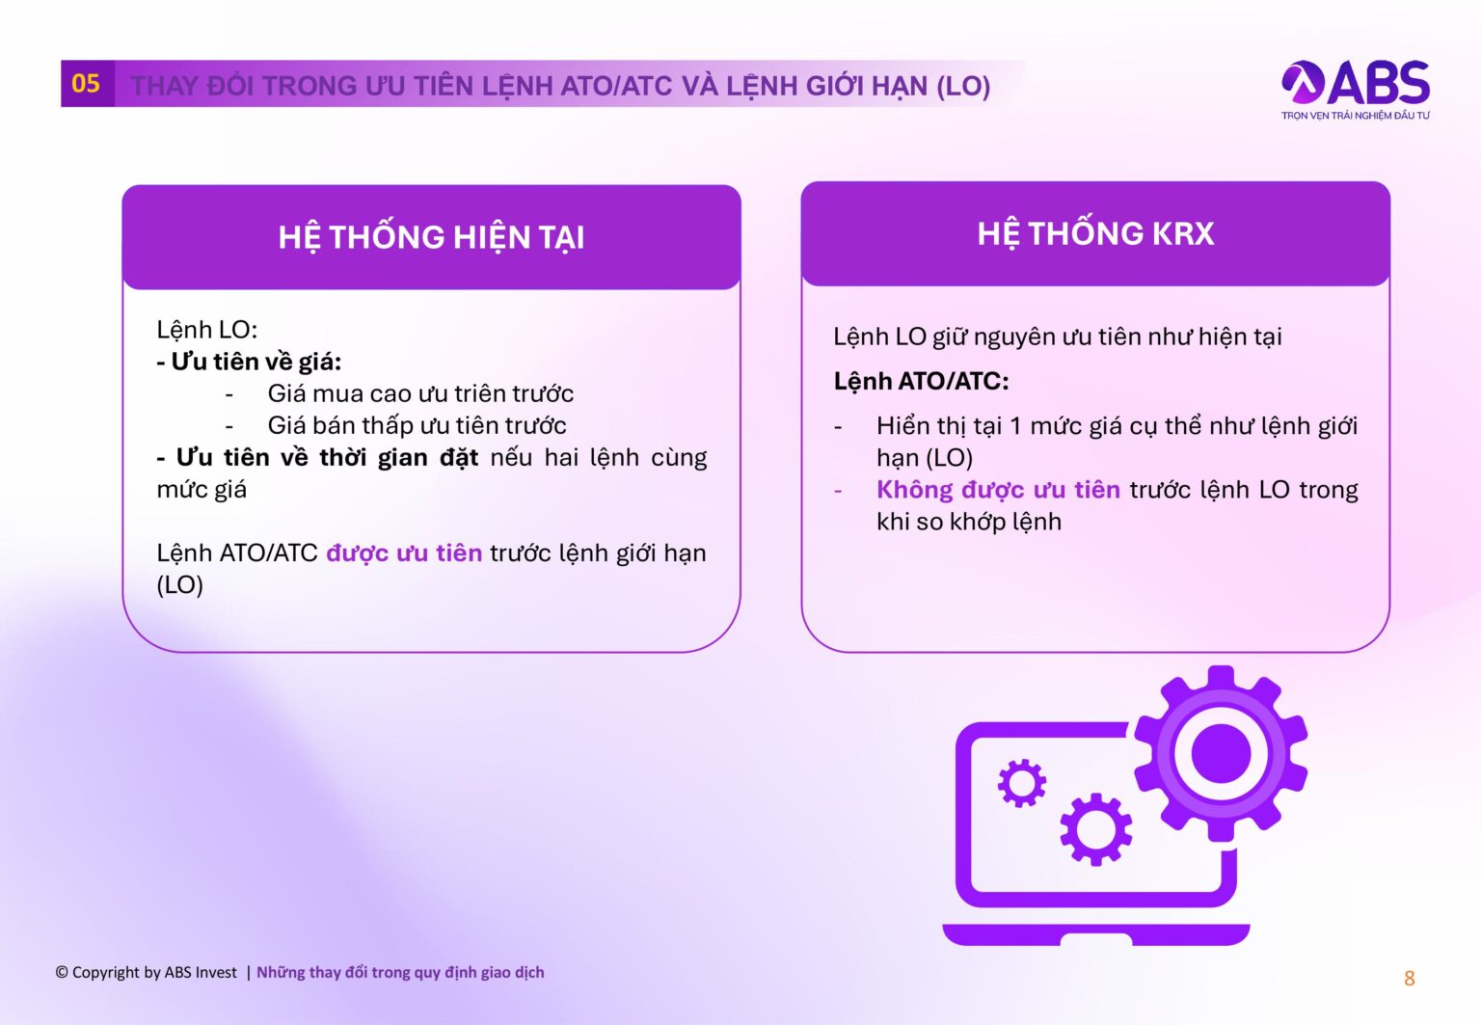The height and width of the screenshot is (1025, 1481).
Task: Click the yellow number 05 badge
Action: pos(86,84)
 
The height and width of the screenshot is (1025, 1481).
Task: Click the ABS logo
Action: pos(1355,84)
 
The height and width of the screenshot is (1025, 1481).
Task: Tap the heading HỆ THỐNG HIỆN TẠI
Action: pos(431,237)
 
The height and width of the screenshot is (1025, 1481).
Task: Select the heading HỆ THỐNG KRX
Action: pos(1095,233)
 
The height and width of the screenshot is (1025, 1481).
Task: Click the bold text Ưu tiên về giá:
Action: pos(250,362)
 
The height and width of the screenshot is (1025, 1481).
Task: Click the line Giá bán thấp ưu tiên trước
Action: pos(417,425)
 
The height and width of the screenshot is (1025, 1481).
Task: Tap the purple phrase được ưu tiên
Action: pos(404,553)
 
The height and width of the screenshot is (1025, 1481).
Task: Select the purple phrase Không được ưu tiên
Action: pos(998,490)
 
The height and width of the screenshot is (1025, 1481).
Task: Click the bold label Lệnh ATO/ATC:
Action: pos(921,381)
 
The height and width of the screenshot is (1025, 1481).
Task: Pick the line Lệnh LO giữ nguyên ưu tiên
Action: pos(1057,337)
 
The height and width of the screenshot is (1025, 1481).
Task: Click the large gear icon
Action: pos(1221,753)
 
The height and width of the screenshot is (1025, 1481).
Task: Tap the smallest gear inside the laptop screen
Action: pos(1021,783)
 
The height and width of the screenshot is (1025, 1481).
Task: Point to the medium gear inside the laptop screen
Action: pos(1096,828)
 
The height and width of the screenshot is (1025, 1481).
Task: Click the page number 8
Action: pos(1409,979)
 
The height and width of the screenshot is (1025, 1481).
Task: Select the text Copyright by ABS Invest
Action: pos(147,972)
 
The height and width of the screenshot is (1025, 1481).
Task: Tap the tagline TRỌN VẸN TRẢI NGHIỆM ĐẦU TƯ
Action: pos(1355,116)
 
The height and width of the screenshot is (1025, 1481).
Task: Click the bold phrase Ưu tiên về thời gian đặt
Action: pos(327,457)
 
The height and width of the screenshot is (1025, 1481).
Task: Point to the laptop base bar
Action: pos(1095,934)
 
